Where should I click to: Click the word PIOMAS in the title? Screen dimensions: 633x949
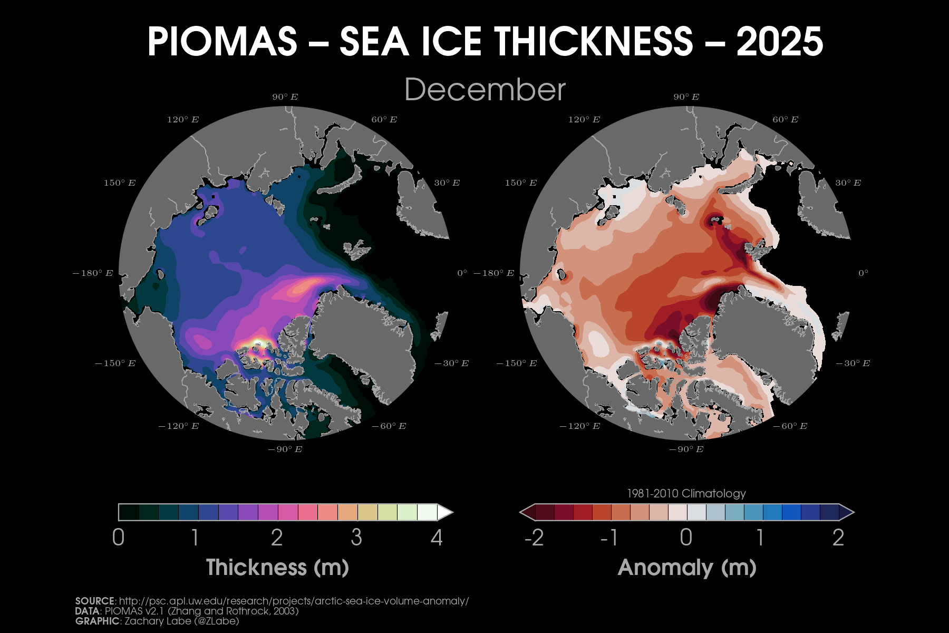coord(222,42)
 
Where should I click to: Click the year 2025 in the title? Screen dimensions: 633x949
coord(779,42)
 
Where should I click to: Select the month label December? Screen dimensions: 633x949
coord(485,90)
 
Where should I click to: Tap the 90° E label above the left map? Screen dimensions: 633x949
coord(285,97)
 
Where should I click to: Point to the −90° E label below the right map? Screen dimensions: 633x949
coord(686,449)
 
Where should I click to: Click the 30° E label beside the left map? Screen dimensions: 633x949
coord(447,183)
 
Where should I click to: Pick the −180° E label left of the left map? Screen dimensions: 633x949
coord(93,273)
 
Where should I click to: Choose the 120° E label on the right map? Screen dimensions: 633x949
coord(584,120)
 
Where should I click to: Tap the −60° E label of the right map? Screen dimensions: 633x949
coord(790,426)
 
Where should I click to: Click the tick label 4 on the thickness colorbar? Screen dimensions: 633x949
coord(437,538)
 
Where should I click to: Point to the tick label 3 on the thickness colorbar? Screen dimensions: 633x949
coord(356,538)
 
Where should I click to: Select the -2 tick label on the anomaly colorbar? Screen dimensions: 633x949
coord(534,538)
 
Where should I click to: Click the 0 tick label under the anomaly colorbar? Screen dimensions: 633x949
coord(686,538)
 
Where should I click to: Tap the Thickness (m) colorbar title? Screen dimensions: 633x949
coord(277,568)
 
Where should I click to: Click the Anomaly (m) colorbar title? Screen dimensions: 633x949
coord(687,568)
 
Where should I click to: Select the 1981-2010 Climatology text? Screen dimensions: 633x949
coord(686,494)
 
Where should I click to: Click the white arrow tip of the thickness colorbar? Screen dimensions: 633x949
coord(447,512)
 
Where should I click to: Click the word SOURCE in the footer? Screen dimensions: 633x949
coord(95,601)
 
